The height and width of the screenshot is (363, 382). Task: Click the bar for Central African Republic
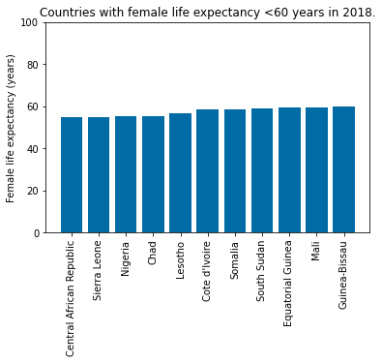point(72,175)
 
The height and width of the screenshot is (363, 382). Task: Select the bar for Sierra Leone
point(99,175)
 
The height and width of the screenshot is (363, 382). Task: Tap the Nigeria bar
point(126,175)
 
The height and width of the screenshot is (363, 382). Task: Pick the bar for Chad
point(153,175)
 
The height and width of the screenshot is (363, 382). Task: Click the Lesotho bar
point(181,173)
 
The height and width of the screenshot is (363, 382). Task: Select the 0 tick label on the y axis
point(36,233)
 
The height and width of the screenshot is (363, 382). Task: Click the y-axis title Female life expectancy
point(12,128)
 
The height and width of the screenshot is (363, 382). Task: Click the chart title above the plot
point(206,11)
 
